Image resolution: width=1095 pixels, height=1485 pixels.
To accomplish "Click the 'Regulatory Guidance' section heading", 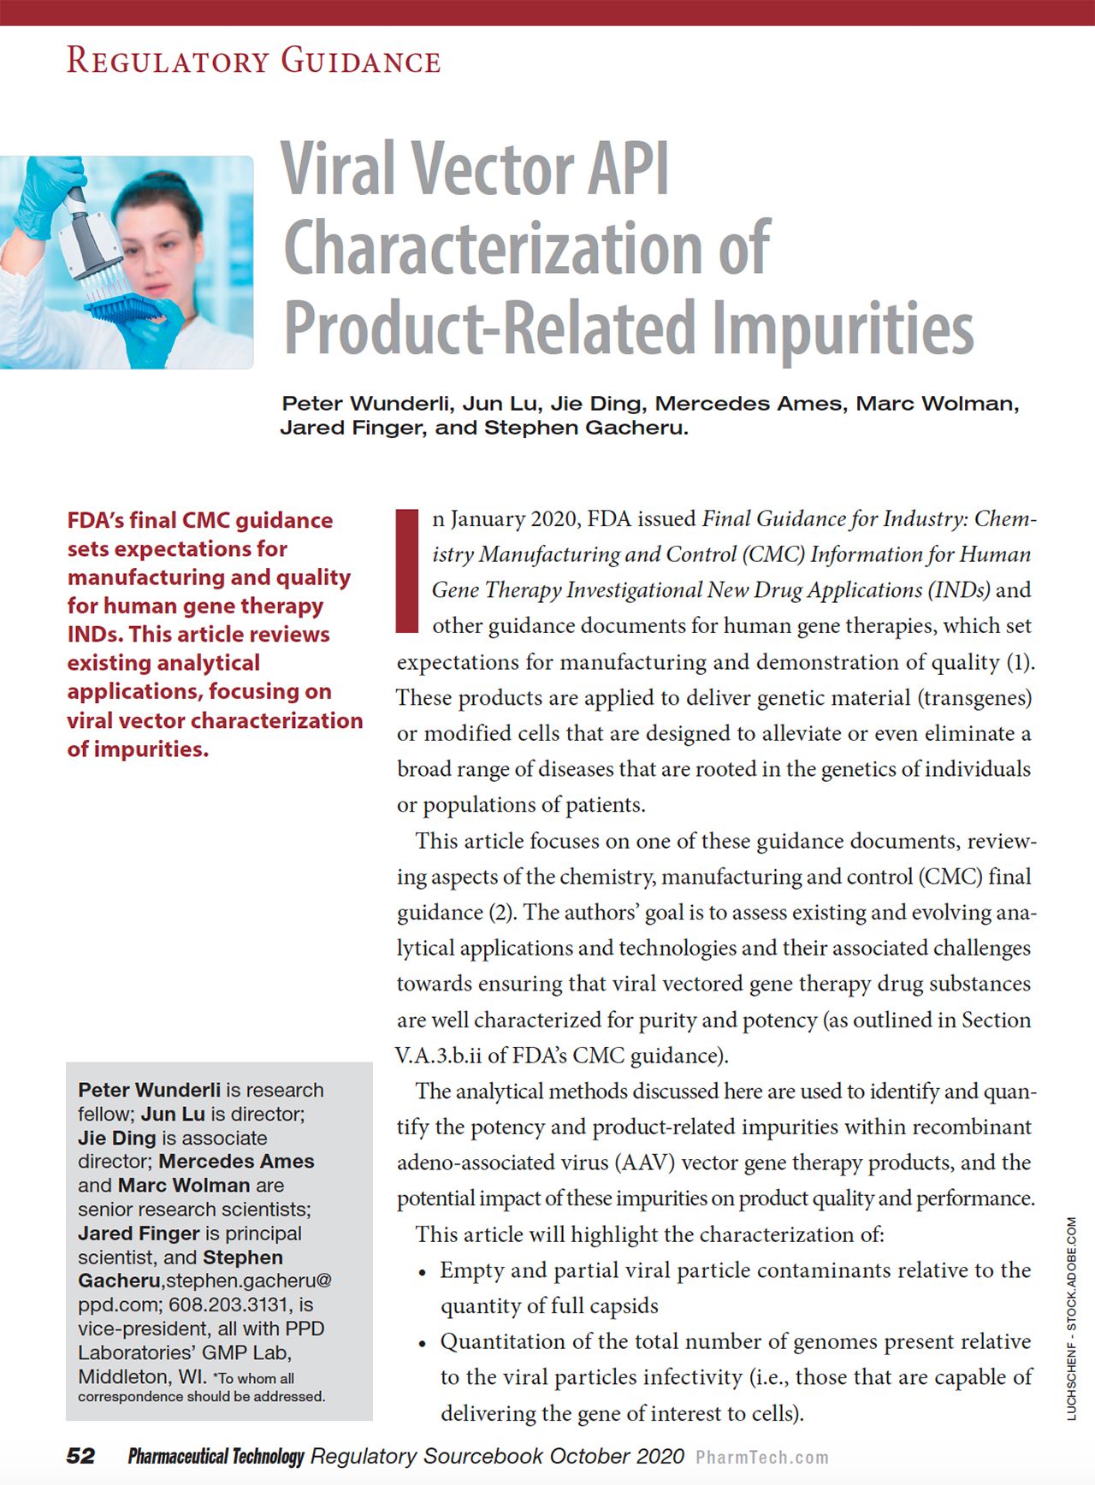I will point(254,62).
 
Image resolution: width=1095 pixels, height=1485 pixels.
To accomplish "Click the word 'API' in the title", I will point(627,169).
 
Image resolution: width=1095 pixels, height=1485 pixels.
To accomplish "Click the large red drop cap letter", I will point(408,571).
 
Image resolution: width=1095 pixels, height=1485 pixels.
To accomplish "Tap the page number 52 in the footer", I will point(81,1456).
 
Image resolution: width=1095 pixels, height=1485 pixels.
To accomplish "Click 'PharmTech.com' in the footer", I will point(762,1458).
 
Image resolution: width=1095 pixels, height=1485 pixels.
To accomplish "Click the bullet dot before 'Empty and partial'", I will point(422,1273).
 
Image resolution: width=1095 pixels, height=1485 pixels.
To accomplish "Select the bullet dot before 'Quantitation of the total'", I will point(422,1344).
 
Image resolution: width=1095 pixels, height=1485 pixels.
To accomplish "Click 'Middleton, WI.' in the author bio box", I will point(142,1377).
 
